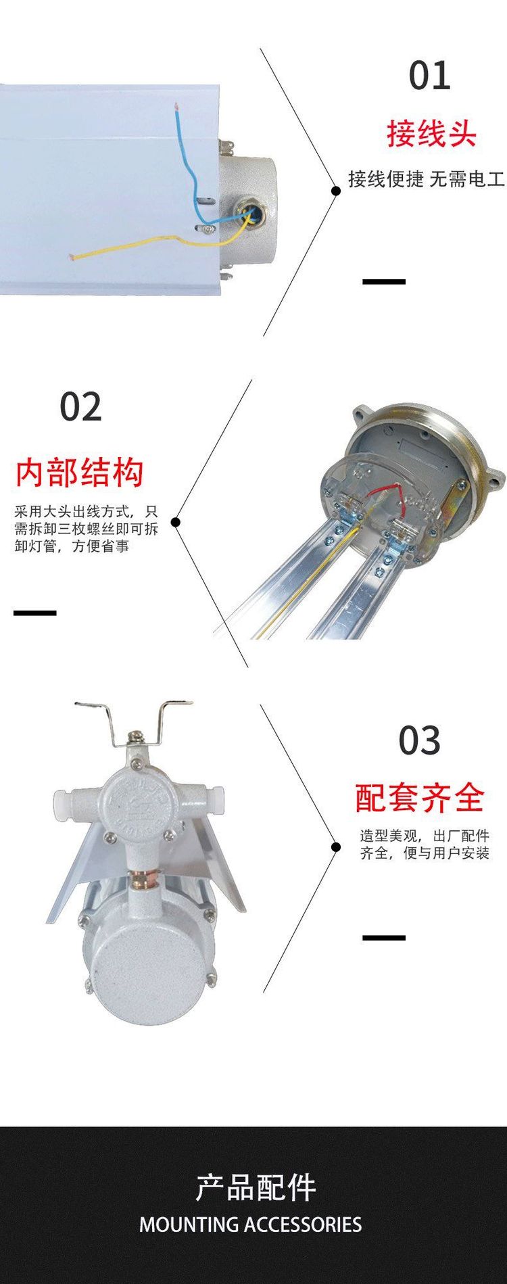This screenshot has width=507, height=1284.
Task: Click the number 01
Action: pyautogui.click(x=429, y=76)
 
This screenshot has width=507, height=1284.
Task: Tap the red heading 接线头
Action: pyautogui.click(x=432, y=133)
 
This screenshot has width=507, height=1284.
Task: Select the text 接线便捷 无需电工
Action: pyautogui.click(x=427, y=179)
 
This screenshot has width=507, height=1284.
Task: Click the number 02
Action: pyautogui.click(x=80, y=407)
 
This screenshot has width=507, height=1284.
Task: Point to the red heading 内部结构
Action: pyautogui.click(x=80, y=472)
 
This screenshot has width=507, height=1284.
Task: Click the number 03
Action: pyautogui.click(x=419, y=741)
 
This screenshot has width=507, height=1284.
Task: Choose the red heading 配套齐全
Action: pyautogui.click(x=420, y=798)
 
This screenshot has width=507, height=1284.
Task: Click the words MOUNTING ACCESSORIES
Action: pyautogui.click(x=251, y=1224)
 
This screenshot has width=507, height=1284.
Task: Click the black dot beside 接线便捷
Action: pyautogui.click(x=335, y=191)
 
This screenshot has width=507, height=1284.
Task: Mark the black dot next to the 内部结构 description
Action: pyautogui.click(x=176, y=522)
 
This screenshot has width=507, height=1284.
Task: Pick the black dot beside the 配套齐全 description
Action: pyautogui.click(x=335, y=847)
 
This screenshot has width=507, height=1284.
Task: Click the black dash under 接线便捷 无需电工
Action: pyautogui.click(x=384, y=281)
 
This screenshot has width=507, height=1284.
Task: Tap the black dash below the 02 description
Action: pyautogui.click(x=34, y=613)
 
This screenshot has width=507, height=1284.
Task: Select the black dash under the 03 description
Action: pyautogui.click(x=384, y=938)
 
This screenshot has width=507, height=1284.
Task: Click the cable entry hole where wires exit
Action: pyautogui.click(x=248, y=214)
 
